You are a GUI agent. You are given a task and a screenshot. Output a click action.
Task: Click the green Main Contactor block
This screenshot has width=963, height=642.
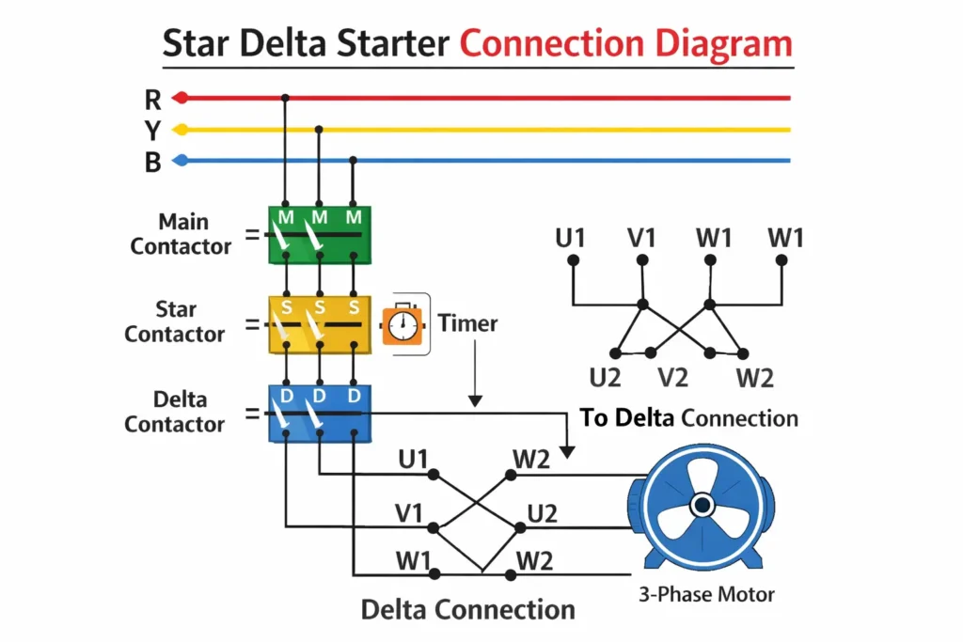[x=320, y=235]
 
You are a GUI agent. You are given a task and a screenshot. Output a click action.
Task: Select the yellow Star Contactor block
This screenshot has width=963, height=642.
[x=320, y=324]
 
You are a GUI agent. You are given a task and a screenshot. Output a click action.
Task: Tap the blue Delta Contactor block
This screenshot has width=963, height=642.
[x=320, y=414]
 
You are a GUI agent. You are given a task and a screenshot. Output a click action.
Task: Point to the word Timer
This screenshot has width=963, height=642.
[x=467, y=324]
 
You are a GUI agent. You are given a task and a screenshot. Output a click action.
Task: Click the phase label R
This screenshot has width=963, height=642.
[x=152, y=98]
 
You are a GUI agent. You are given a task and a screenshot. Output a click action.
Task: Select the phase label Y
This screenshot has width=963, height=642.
[x=152, y=130]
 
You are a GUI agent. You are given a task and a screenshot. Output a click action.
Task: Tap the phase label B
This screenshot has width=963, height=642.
[x=152, y=162]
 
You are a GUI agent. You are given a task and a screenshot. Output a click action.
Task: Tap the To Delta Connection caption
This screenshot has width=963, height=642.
[x=689, y=418]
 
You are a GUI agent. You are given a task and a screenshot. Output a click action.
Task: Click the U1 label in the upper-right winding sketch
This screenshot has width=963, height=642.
[x=570, y=238]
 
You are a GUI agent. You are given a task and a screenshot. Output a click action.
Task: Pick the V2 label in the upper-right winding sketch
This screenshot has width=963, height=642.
[x=672, y=378]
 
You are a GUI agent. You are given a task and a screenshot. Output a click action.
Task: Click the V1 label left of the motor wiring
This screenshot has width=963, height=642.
[x=408, y=514]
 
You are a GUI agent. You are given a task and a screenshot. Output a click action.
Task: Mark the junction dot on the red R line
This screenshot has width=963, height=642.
[x=285, y=98]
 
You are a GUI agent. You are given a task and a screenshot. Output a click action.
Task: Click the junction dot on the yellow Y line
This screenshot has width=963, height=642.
[x=320, y=130]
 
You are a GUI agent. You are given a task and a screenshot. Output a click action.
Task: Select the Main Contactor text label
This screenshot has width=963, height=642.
[x=181, y=234]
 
